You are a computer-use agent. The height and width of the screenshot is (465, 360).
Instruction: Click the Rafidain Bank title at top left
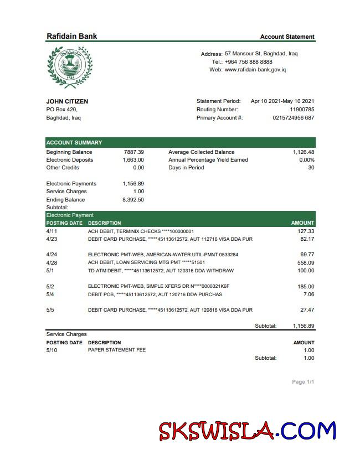pyautogui.click(x=71, y=36)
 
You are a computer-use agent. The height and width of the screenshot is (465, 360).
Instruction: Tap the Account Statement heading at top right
pyautogui.click(x=287, y=37)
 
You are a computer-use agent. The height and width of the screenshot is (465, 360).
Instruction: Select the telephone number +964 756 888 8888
pyautogui.click(x=248, y=62)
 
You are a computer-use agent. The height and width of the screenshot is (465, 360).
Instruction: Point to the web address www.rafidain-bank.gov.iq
pyautogui.click(x=255, y=70)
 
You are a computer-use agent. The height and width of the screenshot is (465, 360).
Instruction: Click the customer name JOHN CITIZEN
pyautogui.click(x=67, y=101)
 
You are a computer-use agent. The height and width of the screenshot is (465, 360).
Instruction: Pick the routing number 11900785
pyautogui.click(x=302, y=110)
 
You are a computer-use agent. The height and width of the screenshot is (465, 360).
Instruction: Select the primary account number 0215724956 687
pyautogui.click(x=294, y=118)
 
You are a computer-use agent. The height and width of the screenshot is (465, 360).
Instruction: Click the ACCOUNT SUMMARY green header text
pyautogui.click(x=74, y=143)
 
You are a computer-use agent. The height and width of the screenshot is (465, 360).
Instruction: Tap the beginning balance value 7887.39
pyautogui.click(x=133, y=152)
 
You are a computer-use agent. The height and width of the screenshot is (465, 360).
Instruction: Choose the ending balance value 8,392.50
pyautogui.click(x=133, y=200)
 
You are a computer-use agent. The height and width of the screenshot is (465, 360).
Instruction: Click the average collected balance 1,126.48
pyautogui.click(x=304, y=152)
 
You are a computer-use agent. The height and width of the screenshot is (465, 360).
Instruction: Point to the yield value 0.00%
pyautogui.click(x=306, y=160)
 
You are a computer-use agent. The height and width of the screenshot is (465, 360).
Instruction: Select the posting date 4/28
pyautogui.click(x=52, y=263)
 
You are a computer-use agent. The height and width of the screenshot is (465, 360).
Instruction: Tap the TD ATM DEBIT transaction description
pyautogui.click(x=161, y=271)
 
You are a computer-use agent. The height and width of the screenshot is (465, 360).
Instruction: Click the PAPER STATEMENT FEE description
pyautogui.click(x=117, y=350)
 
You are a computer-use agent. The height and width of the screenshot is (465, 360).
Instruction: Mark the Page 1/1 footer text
pyautogui.click(x=303, y=382)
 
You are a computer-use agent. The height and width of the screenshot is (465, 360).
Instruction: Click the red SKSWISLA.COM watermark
pyautogui.click(x=247, y=431)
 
